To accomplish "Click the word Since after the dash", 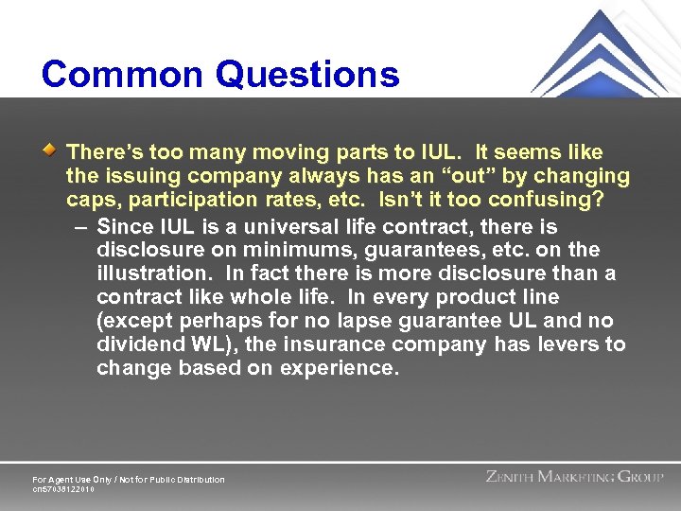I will point(125,227).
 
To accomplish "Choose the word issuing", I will point(138,176).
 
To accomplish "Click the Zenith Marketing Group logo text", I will point(574,477).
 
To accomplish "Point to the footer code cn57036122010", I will point(63,489).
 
